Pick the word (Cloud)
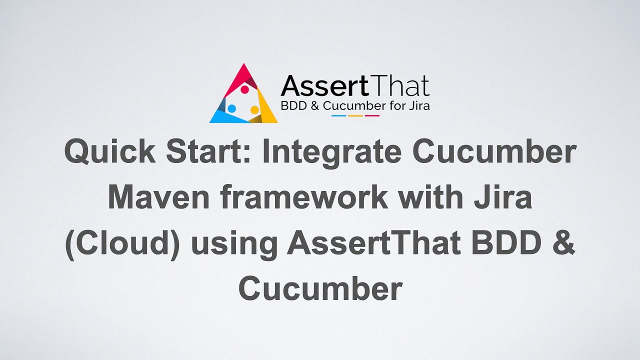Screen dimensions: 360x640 (x=122, y=243)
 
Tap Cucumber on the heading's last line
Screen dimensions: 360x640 (x=320, y=288)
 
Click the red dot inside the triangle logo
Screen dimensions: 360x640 (x=245, y=89)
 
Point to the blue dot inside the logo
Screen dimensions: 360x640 (x=232, y=108)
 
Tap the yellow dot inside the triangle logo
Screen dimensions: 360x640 (x=254, y=109)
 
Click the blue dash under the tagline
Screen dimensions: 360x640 (x=339, y=115)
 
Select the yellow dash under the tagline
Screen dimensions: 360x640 (x=355, y=115)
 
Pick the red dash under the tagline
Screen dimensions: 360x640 (x=372, y=115)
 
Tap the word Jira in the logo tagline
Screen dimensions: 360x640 (x=419, y=106)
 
